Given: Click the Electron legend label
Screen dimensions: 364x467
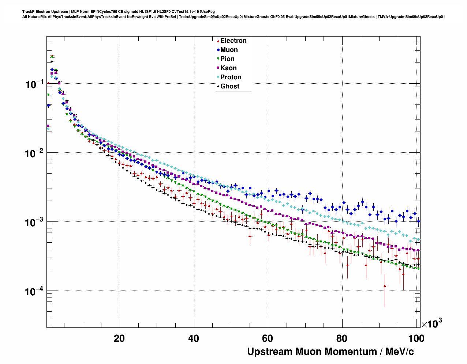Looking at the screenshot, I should click(x=233, y=41).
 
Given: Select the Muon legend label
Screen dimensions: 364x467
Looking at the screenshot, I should click(x=229, y=50).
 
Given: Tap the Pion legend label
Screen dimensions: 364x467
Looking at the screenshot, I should click(x=227, y=59).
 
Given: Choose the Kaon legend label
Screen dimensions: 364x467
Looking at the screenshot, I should click(x=228, y=68).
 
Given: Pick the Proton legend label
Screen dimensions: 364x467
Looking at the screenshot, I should click(x=231, y=77).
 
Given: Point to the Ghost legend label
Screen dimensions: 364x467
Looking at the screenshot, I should click(x=229, y=86).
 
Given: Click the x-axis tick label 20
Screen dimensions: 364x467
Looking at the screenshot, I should click(x=119, y=338).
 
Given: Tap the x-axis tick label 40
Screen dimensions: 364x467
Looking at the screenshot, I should click(x=194, y=338).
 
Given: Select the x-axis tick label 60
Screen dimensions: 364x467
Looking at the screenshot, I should click(x=268, y=338).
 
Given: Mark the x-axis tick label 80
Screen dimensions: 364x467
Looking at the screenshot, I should click(x=342, y=338).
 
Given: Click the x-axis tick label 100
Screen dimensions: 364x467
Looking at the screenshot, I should click(x=416, y=338).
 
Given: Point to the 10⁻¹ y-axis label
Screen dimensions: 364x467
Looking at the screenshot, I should click(x=34, y=84).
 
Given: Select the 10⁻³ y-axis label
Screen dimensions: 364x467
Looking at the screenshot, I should click(x=34, y=222).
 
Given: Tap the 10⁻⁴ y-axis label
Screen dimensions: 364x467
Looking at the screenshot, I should click(x=34, y=291).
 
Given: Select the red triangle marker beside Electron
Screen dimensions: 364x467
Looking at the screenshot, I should click(x=218, y=41).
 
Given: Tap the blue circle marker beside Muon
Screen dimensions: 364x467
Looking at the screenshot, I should click(x=218, y=50).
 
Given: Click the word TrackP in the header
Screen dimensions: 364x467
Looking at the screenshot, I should click(x=28, y=12).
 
